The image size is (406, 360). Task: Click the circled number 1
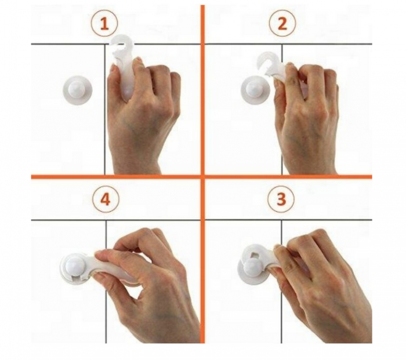[104, 24]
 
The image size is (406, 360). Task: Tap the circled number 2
[282, 24]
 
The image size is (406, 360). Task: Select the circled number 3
[281, 199]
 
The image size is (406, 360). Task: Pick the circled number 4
[105, 199]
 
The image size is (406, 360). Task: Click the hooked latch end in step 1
[122, 44]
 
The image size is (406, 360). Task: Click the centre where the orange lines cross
[202, 177]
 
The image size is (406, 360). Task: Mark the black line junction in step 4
[106, 220]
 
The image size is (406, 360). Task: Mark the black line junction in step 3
[281, 220]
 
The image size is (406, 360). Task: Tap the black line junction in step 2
[282, 44]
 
